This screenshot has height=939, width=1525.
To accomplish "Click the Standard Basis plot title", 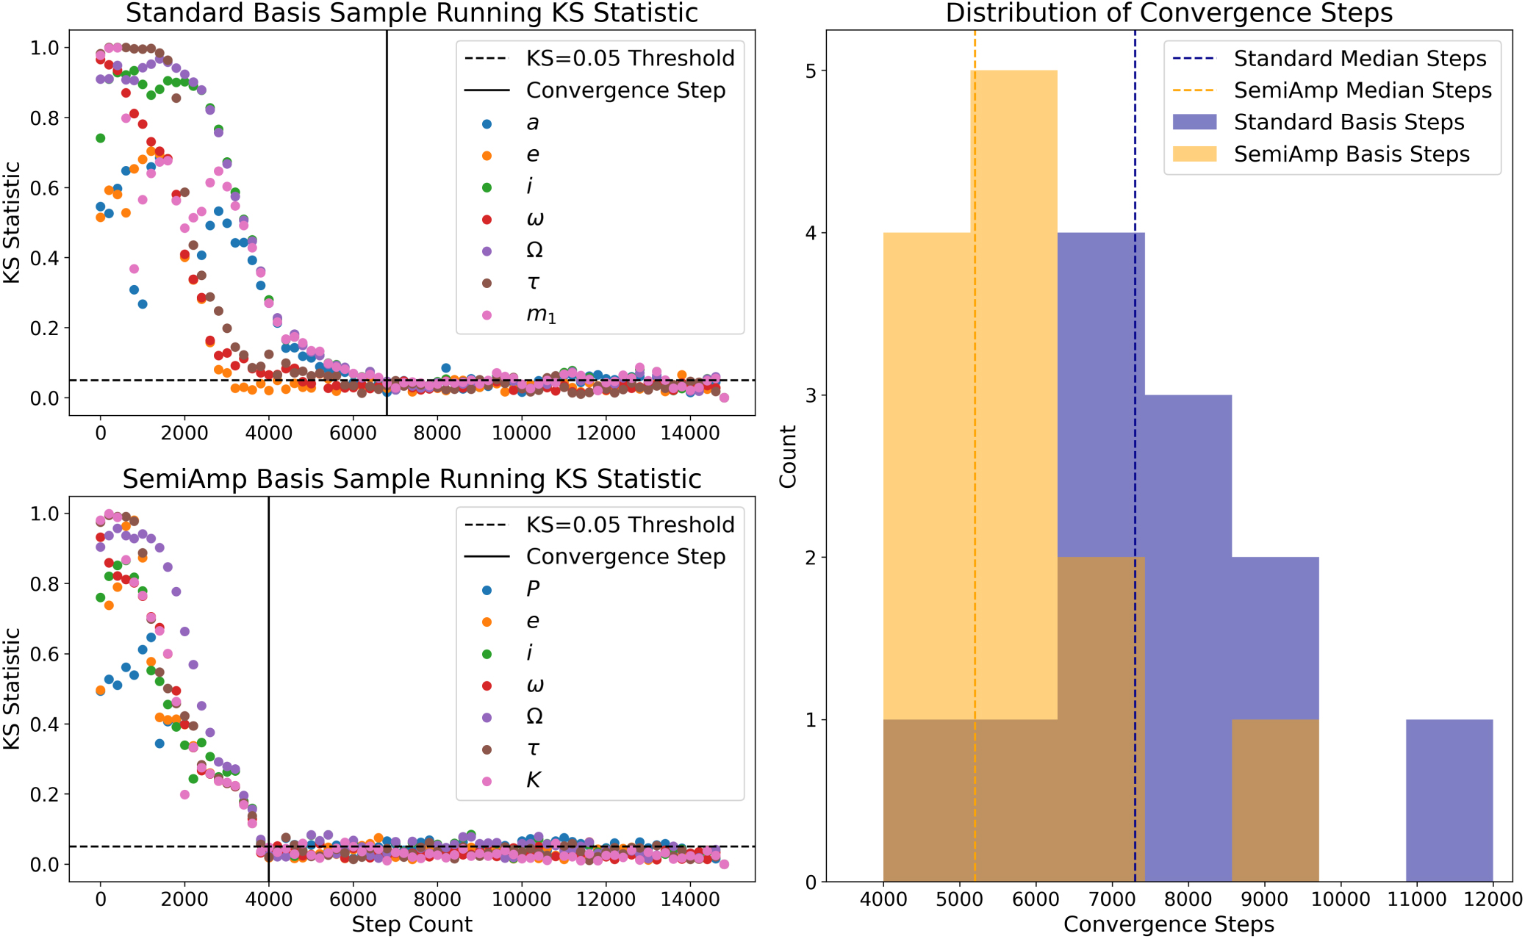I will [x=412, y=13].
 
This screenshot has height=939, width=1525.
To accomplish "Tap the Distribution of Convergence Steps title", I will [x=1169, y=13].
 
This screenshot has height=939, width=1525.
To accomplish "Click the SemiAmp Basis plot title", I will [x=412, y=479].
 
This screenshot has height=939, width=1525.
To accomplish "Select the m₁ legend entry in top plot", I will [x=541, y=315].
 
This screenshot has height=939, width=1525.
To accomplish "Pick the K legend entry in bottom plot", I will [x=534, y=780].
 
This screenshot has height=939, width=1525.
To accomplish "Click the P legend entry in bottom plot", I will [x=533, y=589].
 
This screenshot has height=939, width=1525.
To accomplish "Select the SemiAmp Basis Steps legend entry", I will [x=1351, y=154].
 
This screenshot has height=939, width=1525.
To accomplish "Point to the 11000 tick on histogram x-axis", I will [x=1415, y=900].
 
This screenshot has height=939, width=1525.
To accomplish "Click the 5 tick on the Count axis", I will [x=811, y=71].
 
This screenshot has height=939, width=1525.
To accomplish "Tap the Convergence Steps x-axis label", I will [x=1169, y=924].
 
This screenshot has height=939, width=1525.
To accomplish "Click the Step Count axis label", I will [x=412, y=924].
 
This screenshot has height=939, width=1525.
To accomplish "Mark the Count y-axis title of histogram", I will [x=788, y=456].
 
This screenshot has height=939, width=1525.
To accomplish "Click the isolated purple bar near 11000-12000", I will [x=1449, y=801].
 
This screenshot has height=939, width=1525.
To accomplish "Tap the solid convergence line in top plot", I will [x=387, y=220].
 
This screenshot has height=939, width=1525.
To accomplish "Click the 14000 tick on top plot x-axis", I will [x=689, y=433].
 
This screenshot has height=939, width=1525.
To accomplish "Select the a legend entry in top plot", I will [x=532, y=123].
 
